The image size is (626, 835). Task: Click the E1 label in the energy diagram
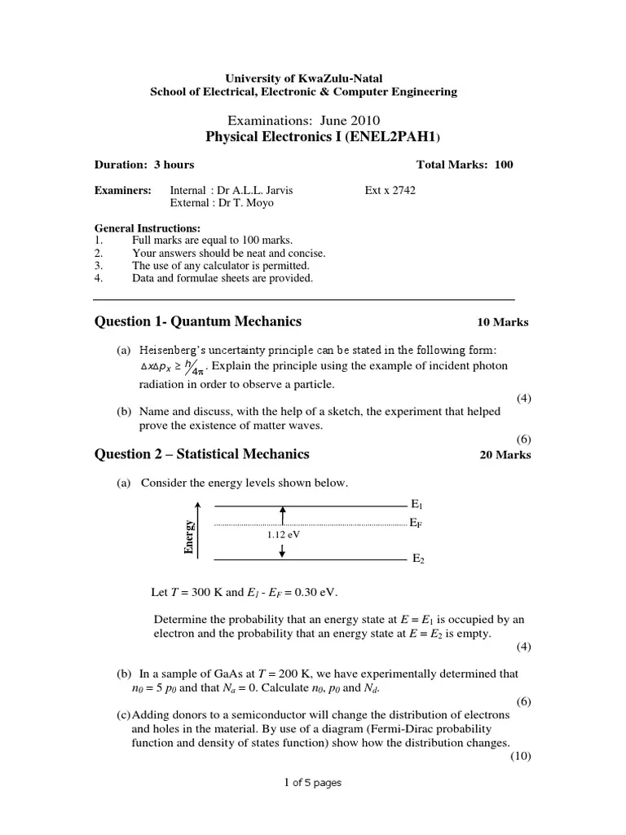[417, 506]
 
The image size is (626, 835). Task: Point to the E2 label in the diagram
[418, 559]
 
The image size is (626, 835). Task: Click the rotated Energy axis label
[190, 537]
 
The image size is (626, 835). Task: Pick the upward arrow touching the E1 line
[282, 515]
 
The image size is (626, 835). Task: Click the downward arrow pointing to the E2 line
[282, 552]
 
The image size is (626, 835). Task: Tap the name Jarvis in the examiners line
[276, 191]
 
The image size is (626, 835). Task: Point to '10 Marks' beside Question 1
[503, 322]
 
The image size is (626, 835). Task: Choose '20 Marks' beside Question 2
[505, 455]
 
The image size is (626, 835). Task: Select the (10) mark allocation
[521, 756]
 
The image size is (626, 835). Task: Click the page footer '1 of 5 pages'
[312, 783]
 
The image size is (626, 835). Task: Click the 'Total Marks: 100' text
[465, 165]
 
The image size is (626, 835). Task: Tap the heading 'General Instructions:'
[148, 228]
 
